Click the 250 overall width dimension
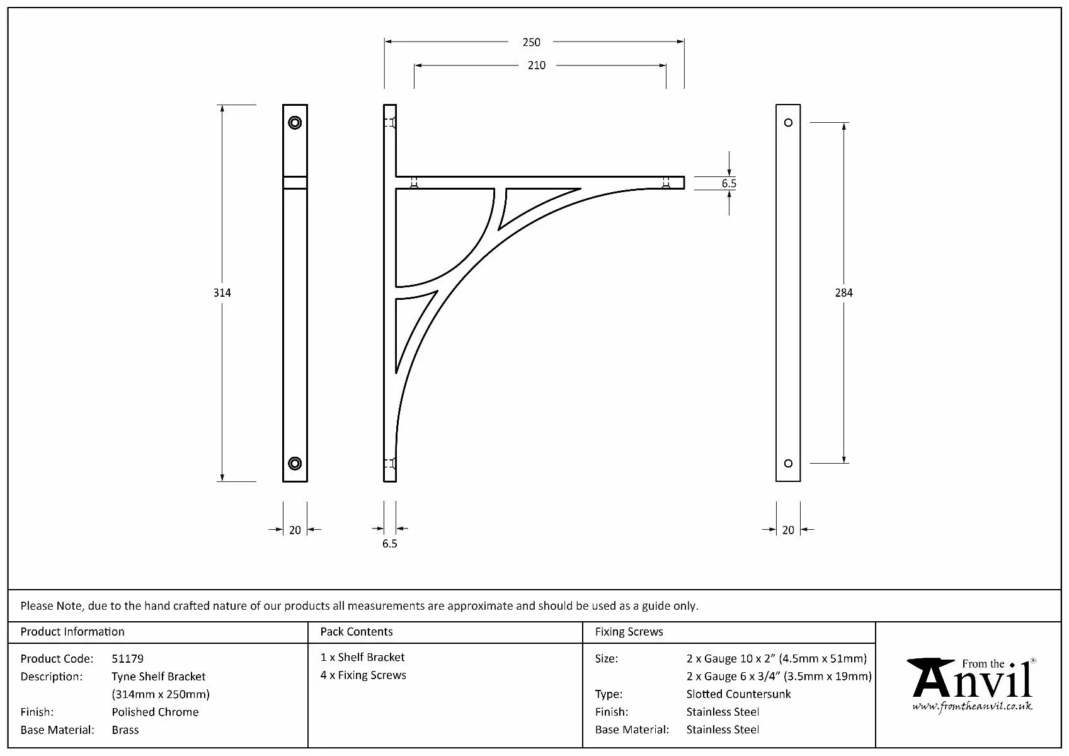click(531, 42)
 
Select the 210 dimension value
click(536, 65)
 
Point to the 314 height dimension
click(222, 292)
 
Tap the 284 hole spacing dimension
click(843, 292)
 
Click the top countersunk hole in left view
click(295, 122)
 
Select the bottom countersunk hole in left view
click(295, 464)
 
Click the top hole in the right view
click(788, 122)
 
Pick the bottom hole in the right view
click(788, 464)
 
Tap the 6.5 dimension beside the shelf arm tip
click(729, 183)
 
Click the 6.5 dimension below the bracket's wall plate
click(389, 544)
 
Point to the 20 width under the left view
click(295, 530)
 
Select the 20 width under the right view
click(788, 530)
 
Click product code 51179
click(127, 658)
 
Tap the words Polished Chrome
click(155, 712)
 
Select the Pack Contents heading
click(356, 631)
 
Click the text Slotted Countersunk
click(738, 694)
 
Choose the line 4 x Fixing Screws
click(363, 675)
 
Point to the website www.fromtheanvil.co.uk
click(972, 706)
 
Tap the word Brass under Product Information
click(125, 730)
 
